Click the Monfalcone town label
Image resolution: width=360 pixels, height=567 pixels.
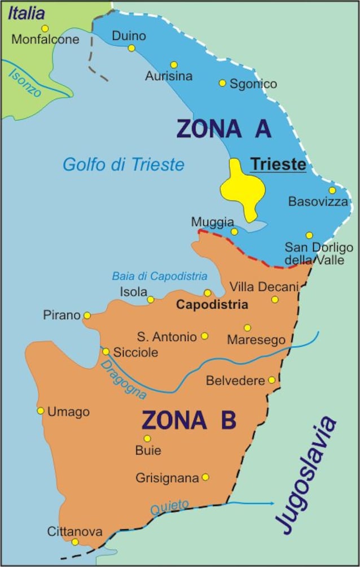pos(45,40)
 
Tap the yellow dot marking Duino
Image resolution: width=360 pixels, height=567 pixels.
pos(131,48)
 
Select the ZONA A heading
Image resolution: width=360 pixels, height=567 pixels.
pos(224,129)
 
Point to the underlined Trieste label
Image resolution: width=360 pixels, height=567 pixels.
pos(278,164)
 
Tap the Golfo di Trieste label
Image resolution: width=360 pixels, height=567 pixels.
pos(124,164)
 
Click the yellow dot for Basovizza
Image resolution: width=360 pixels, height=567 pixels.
pos(332,190)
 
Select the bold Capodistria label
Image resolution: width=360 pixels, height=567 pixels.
pos(212,305)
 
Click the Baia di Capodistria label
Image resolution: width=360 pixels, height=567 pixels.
pos(159,276)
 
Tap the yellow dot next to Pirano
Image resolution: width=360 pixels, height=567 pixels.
pos(87,315)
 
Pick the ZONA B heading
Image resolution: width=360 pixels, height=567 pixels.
pos(188,421)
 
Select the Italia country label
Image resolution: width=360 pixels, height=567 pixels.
pos(26,12)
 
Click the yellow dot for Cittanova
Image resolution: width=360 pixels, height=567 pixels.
pos(75,542)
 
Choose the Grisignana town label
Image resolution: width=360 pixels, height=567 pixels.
pos(167,478)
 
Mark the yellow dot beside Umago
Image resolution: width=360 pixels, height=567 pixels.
pos(41,411)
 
